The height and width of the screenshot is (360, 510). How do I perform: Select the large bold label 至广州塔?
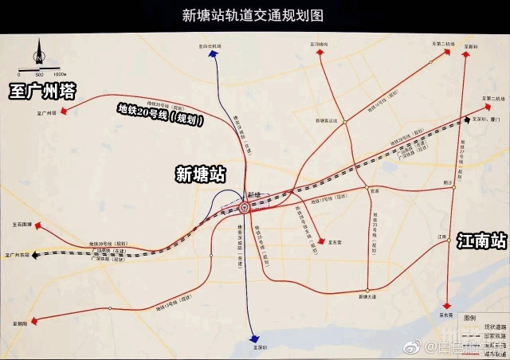[x=42, y=92]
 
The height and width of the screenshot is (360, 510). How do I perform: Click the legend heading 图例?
[x=470, y=315]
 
